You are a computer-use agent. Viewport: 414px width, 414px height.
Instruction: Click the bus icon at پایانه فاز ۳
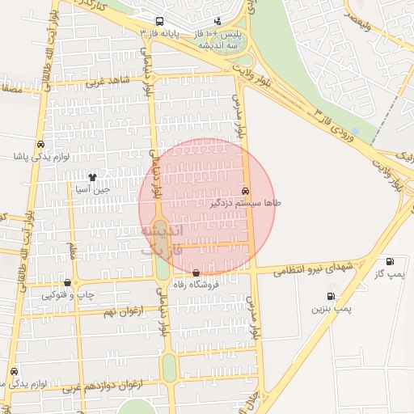click(158, 20)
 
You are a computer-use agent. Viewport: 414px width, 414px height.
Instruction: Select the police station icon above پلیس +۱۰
click(218, 21)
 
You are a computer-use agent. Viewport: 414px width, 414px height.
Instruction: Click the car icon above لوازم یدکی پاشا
click(40, 144)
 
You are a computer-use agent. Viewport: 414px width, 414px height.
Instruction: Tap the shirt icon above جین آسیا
click(92, 176)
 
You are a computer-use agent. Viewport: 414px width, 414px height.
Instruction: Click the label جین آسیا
click(91, 188)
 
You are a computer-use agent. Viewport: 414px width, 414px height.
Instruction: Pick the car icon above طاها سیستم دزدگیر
click(245, 191)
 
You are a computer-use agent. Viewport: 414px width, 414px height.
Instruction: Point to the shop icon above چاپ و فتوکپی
click(66, 283)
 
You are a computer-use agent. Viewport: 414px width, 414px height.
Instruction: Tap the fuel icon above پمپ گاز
click(391, 261)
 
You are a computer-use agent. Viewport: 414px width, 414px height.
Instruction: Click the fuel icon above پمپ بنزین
click(330, 297)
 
